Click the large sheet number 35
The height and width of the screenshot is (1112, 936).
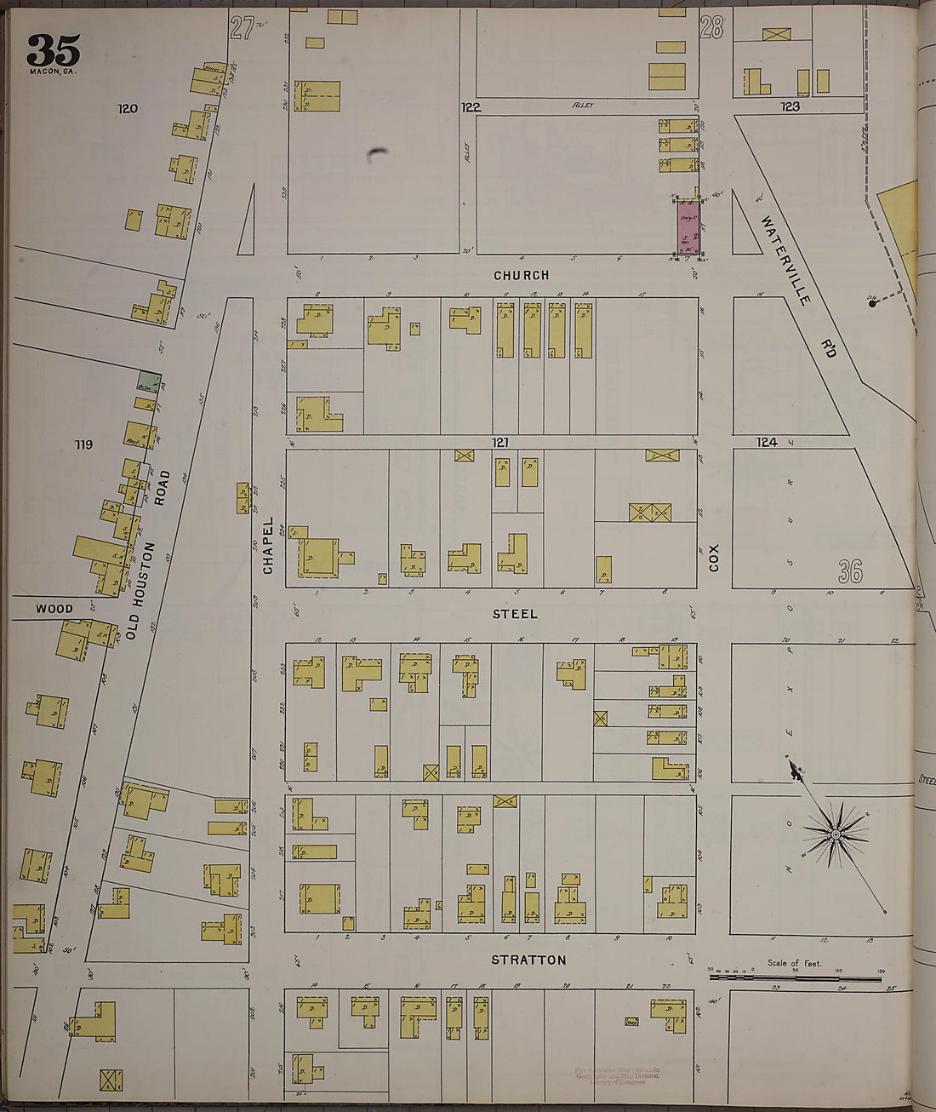click(x=53, y=50)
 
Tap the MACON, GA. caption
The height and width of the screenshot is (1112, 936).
click(x=53, y=72)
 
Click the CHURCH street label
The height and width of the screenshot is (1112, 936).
click(x=522, y=275)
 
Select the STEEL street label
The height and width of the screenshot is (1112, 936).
click(x=516, y=613)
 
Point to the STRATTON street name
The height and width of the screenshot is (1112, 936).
click(x=528, y=960)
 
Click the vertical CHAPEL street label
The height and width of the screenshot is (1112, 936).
click(x=268, y=545)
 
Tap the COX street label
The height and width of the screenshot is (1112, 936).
click(x=714, y=558)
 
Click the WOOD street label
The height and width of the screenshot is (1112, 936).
click(x=54, y=609)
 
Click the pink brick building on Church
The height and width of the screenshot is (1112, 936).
click(x=688, y=226)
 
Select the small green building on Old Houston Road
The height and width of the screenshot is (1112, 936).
click(x=149, y=381)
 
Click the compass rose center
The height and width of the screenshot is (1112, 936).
click(x=835, y=834)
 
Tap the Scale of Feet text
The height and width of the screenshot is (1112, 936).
click(x=794, y=963)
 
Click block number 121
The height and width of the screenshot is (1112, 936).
click(x=499, y=442)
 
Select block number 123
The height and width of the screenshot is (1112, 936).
click(x=790, y=106)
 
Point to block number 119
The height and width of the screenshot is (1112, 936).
click(x=83, y=444)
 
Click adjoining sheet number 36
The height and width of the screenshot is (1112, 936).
click(x=849, y=572)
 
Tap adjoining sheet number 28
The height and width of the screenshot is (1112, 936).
click(x=711, y=29)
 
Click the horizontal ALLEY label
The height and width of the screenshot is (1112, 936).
click(x=582, y=106)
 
